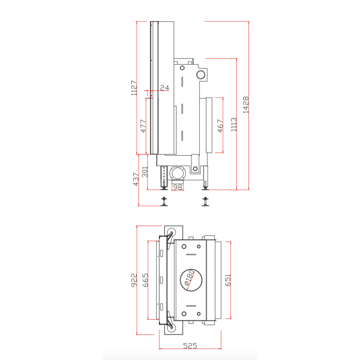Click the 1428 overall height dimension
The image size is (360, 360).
(246, 105)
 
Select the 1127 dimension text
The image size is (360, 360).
(134, 88)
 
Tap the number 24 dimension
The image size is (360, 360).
(165, 88)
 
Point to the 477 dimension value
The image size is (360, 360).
(143, 126)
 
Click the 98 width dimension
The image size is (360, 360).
(177, 187)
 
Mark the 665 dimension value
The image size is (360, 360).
(145, 281)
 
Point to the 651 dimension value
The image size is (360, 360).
(228, 281)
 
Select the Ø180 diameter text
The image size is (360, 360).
(189, 279)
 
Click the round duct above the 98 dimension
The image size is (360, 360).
(177, 173)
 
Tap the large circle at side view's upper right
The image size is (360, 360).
(201, 75)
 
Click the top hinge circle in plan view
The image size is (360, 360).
(171, 233)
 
